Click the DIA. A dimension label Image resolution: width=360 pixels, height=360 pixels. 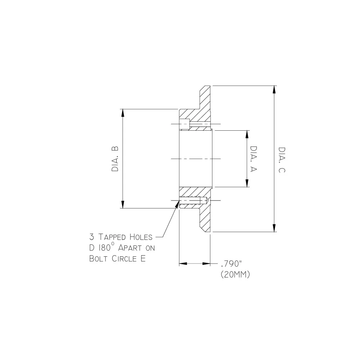[x=253, y=159]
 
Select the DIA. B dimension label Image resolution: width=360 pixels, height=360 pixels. [x=115, y=159]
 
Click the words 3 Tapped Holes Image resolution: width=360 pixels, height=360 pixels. [x=121, y=237]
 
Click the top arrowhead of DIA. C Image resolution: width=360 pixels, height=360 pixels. [x=275, y=90]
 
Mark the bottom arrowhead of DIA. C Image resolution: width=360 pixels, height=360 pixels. [x=275, y=228]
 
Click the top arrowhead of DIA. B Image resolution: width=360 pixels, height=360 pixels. [x=123, y=113]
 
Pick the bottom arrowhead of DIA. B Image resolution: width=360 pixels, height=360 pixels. [x=123, y=204]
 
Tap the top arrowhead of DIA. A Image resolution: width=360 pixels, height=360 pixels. [x=247, y=134]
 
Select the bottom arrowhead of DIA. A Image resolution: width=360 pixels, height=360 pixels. [x=247, y=183]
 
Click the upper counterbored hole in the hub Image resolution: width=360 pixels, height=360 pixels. [x=185, y=125]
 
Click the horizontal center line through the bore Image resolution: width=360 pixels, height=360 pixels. [x=194, y=159]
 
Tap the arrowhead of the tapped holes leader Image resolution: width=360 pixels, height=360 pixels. [x=177, y=204]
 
